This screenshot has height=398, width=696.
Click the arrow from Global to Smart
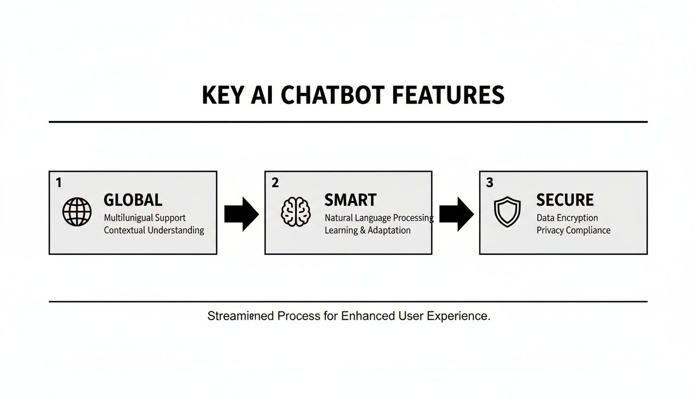(241, 213)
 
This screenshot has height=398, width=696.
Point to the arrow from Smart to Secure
(456, 213)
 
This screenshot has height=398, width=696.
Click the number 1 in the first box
(59, 182)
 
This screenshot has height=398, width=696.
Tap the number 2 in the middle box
(275, 182)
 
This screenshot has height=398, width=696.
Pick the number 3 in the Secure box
(489, 182)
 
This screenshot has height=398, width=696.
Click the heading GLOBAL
(133, 200)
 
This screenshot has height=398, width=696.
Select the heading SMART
(350, 200)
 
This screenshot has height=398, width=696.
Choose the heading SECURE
(565, 200)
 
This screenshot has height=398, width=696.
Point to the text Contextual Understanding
(154, 230)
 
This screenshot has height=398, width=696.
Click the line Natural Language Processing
(379, 218)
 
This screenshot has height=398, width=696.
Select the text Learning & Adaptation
(367, 230)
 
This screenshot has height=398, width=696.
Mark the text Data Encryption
(567, 218)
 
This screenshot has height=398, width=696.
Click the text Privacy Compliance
(573, 230)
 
